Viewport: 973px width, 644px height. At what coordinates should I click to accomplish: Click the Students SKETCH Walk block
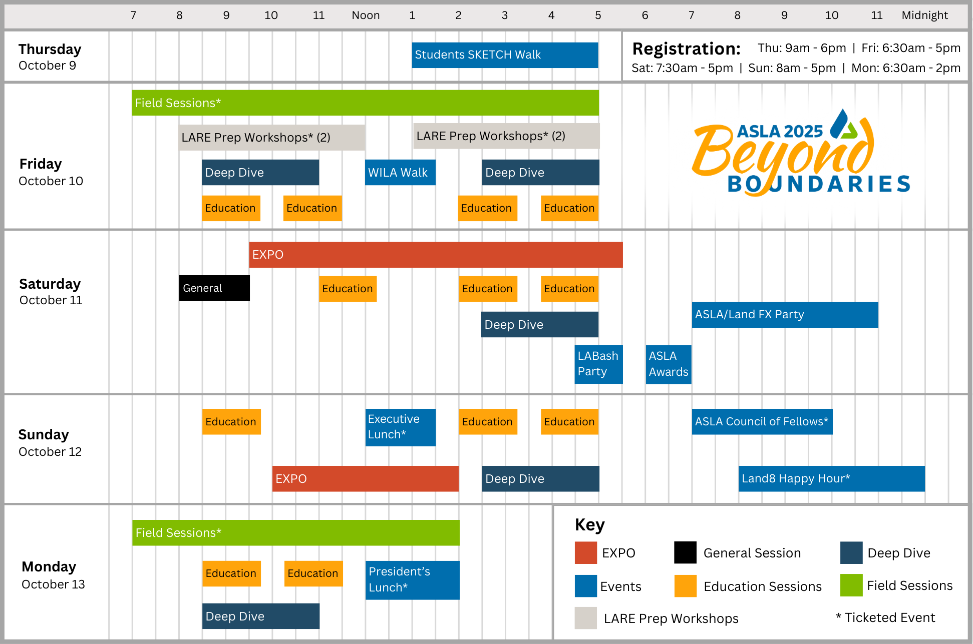505,55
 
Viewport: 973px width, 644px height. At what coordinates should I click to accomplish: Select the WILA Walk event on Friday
400,173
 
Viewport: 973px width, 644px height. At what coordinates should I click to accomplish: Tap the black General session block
214,288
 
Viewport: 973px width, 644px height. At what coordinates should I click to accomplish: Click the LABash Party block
598,364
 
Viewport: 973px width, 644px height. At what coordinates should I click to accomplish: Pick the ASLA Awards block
669,364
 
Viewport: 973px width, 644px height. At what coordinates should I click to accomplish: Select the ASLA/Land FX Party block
785,315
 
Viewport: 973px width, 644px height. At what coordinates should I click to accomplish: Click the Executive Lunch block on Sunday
401,427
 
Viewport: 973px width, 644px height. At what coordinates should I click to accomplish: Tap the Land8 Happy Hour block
831,479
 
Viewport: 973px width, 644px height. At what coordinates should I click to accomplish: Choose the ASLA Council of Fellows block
762,422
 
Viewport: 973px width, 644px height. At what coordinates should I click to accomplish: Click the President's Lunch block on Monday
412,580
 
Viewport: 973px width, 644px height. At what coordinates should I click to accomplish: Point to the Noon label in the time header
366,16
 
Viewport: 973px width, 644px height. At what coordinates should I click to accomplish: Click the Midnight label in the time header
924,16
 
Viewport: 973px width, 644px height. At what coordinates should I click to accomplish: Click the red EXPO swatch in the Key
586,553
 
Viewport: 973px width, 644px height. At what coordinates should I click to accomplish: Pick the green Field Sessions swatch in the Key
851,585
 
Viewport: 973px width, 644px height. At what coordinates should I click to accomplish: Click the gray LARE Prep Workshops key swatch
586,618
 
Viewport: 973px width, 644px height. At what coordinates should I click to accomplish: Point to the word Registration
686,49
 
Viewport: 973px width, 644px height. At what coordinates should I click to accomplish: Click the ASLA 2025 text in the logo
780,132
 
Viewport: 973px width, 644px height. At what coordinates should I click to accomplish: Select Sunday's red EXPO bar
365,479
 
